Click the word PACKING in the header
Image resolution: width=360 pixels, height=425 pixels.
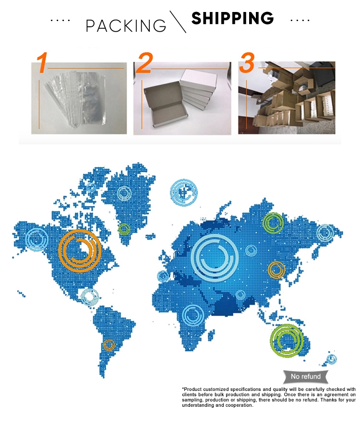point(126,25)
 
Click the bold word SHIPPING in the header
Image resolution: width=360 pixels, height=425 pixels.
point(232,19)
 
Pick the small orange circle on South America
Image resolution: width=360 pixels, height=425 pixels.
point(109,344)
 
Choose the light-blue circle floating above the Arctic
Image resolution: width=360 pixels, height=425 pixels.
point(183,191)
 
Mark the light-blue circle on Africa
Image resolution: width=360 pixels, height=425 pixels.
point(193,316)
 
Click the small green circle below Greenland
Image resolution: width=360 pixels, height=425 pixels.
point(124,228)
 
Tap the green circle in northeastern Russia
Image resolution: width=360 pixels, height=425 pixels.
point(274,223)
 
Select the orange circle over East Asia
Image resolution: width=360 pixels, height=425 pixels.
point(277,270)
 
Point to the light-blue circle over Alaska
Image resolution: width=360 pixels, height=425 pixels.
point(36,239)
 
